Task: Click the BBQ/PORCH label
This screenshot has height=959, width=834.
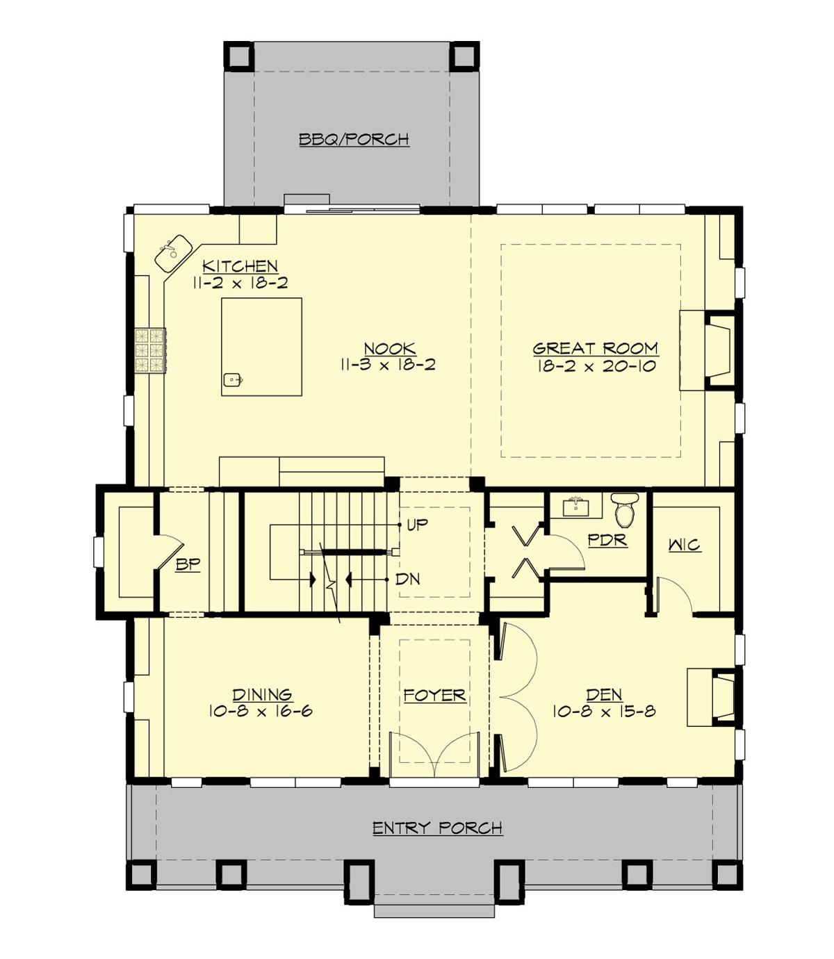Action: point(354,139)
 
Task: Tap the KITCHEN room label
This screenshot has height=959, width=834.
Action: point(240,265)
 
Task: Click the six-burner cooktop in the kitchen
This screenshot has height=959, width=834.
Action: point(151,350)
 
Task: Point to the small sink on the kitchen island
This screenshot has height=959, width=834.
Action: point(232,379)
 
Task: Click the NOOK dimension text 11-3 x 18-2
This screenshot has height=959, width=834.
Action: point(389,365)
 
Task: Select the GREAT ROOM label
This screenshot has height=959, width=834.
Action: point(595,348)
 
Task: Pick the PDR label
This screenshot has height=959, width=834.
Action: point(607,540)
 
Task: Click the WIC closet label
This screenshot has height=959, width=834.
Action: point(685,545)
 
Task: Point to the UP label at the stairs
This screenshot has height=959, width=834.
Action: point(417,525)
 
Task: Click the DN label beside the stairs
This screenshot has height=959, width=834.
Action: point(408,579)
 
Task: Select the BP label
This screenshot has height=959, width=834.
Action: point(188,564)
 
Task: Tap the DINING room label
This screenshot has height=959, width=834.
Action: point(262,694)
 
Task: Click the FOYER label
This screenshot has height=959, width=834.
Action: point(434,695)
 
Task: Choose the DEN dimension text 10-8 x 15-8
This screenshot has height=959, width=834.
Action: point(604,712)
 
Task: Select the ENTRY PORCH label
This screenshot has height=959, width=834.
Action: point(437,828)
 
